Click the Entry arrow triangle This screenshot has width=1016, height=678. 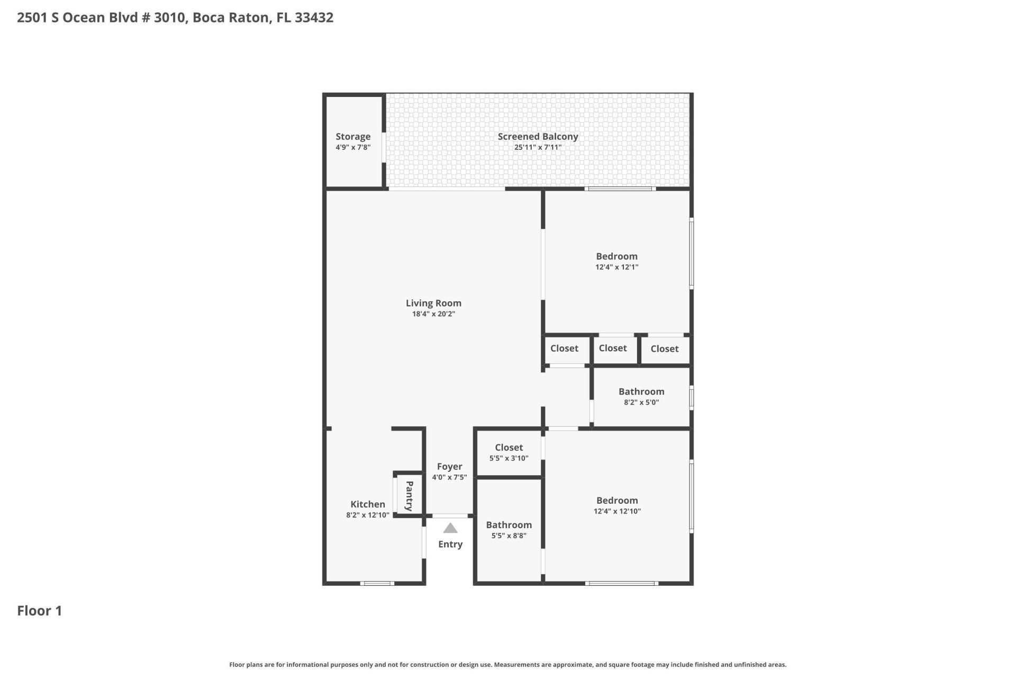450,528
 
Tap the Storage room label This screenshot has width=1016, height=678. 353,137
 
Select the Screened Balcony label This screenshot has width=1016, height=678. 538,137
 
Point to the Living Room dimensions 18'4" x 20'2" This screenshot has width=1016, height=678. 433,314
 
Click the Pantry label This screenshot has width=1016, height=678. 409,496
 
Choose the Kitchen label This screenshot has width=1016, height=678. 368,504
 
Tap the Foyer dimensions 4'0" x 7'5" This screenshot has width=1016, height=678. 449,477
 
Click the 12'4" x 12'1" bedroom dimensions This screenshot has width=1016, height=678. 616,267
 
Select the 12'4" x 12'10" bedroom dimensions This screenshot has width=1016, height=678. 617,511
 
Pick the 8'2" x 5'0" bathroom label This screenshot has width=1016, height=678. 641,391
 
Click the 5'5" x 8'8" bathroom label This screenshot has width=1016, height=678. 509,525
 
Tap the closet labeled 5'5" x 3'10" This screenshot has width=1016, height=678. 509,448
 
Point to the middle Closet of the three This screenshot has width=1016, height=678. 613,348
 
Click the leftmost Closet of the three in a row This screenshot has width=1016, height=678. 564,349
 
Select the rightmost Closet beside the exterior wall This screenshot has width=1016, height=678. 665,349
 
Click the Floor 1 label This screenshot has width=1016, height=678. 40,611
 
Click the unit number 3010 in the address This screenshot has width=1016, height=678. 169,17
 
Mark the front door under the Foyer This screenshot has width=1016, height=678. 450,516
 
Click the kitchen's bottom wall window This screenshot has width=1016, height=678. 377,583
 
